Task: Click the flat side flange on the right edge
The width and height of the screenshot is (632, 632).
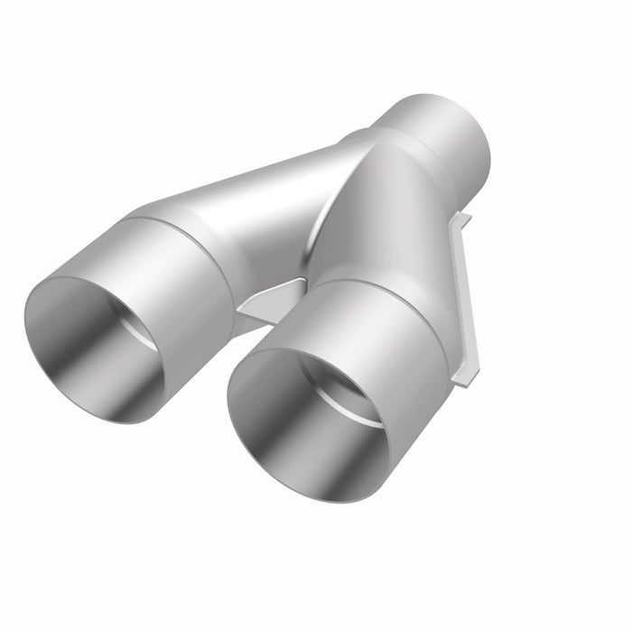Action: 465,298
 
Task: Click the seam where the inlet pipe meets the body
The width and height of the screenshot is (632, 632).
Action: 397,135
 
